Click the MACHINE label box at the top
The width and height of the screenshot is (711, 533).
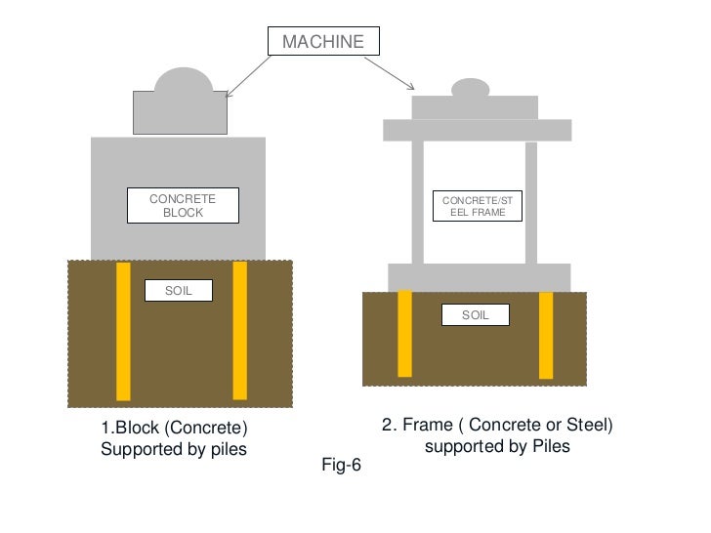tap(322, 41)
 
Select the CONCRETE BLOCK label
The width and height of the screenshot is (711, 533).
tap(183, 206)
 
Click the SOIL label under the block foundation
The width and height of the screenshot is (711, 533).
tap(178, 290)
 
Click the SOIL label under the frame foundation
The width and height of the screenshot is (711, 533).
tap(476, 315)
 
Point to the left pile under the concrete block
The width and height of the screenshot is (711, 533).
tap(123, 331)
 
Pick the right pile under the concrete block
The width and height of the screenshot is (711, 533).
tap(239, 331)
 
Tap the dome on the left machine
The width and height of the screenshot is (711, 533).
tap(184, 81)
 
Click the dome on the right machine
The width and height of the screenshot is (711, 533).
tap(470, 88)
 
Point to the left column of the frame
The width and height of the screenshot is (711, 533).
tap(417, 202)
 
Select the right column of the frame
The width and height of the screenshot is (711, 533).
tap(531, 202)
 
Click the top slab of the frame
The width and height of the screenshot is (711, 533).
tap(477, 130)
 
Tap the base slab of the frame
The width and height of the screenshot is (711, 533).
tap(479, 277)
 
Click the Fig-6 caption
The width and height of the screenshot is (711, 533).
tap(341, 466)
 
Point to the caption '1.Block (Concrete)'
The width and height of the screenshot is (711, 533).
tap(175, 429)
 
